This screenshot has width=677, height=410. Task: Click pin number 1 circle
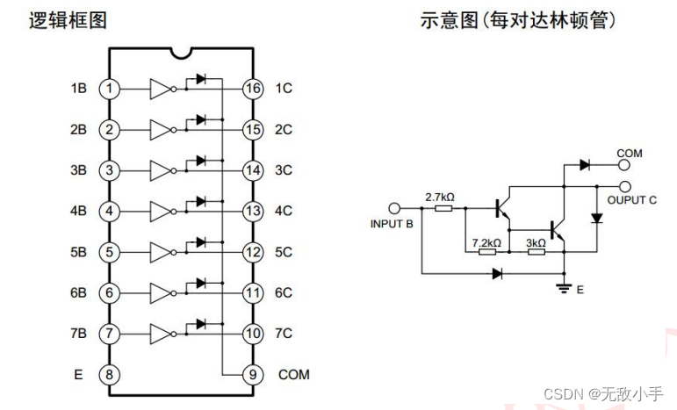click(109, 89)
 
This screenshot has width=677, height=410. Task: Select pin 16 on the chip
click(253, 89)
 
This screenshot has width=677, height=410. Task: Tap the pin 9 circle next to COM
click(253, 374)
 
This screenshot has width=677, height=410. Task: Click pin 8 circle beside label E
click(109, 374)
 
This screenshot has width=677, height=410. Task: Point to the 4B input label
click(79, 211)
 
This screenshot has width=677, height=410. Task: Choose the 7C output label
click(284, 334)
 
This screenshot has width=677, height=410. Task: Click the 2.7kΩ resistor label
click(439, 197)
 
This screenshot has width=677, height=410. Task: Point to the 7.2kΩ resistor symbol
click(486, 251)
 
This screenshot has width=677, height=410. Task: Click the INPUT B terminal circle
click(394, 209)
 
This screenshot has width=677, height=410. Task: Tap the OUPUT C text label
click(631, 200)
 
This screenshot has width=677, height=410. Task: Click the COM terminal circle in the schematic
click(624, 164)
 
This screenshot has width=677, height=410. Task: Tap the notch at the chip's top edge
click(182, 54)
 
